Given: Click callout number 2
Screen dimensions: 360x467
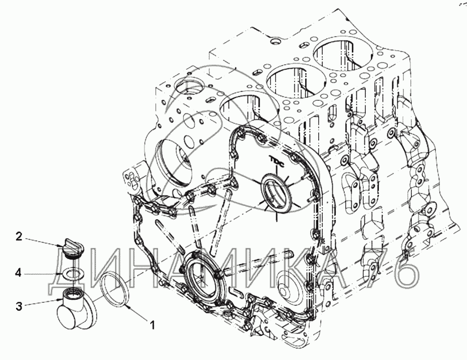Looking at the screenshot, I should coord(19,236).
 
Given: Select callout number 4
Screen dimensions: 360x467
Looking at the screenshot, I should coord(19,273).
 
